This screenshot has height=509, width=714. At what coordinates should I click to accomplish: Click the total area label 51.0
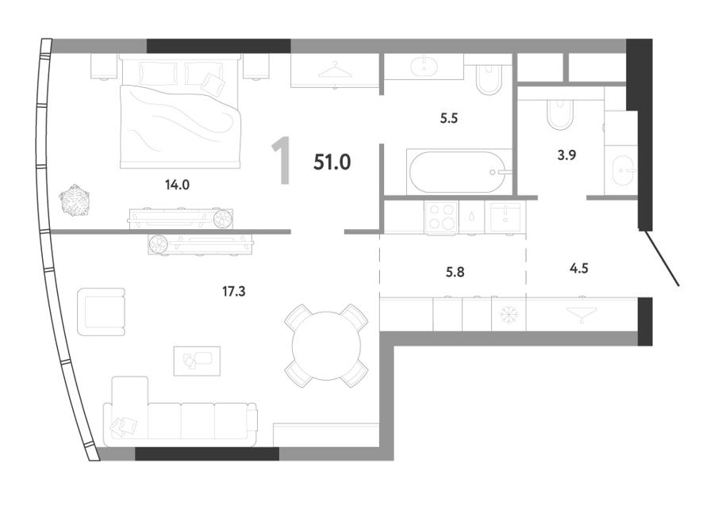click(x=332, y=162)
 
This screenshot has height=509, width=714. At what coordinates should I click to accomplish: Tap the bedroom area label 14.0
click(x=177, y=185)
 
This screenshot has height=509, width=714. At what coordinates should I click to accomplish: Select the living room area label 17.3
click(x=233, y=291)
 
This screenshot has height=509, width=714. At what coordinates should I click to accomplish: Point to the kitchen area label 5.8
click(x=455, y=272)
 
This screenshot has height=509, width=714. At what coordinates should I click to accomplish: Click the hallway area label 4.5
click(x=579, y=268)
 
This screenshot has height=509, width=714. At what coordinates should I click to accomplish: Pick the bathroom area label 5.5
click(x=448, y=118)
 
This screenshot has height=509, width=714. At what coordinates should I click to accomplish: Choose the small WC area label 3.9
click(x=566, y=155)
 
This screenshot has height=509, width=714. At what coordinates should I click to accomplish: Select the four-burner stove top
click(x=441, y=217)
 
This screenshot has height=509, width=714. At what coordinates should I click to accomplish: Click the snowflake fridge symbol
click(x=509, y=314)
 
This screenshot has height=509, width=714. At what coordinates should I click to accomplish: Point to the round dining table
click(x=326, y=346)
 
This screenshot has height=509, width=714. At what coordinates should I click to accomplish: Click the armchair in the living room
click(x=101, y=312)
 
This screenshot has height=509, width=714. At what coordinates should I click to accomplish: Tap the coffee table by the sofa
click(x=197, y=361)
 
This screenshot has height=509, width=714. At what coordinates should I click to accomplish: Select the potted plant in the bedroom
click(x=75, y=200)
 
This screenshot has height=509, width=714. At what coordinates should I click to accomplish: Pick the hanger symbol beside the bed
click(x=335, y=70)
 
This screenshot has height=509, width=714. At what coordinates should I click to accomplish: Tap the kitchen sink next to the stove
click(x=505, y=217)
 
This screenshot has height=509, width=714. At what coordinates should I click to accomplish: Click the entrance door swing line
click(x=662, y=258)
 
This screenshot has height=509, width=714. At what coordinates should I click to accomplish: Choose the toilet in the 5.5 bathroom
click(x=489, y=80)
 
